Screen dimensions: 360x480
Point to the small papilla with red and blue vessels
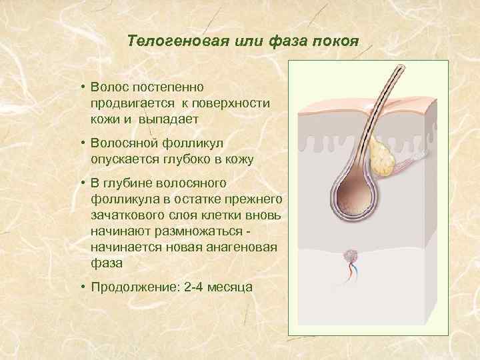coord(351,255)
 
